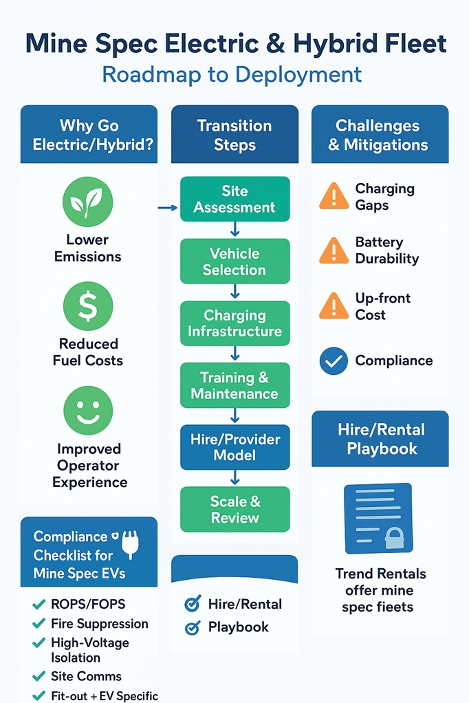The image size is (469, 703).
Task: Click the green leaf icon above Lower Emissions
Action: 88,200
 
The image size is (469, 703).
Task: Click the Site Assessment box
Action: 234,199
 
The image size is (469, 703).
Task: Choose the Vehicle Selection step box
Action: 234,261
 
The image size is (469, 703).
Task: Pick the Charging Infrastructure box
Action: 234,323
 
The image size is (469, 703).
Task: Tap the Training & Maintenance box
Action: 234,386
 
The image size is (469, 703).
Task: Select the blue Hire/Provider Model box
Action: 234,447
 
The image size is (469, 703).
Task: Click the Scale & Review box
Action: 234,510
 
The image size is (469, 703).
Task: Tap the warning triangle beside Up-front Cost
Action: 334,307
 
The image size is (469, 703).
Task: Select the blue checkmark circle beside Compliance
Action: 334,361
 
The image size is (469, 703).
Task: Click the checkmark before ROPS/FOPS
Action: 39,605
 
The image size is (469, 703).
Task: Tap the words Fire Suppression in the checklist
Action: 100,624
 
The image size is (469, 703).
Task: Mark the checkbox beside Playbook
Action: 193,627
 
